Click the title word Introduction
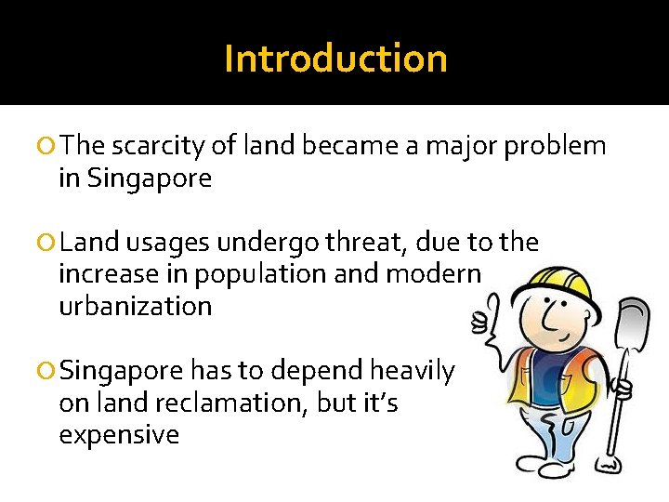tap(335, 59)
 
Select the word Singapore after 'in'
tap(150, 178)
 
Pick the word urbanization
tap(136, 306)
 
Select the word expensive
tap(119, 434)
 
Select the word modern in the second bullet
tap(438, 274)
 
